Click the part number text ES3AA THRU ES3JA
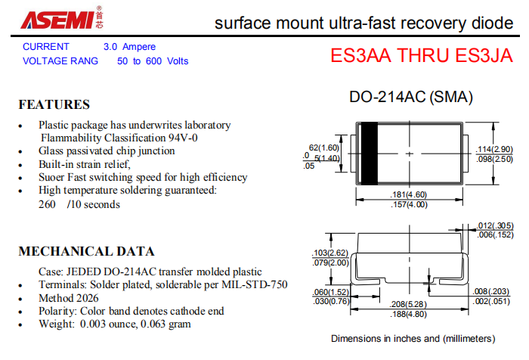(x=422, y=55)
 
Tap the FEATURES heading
(x=54, y=104)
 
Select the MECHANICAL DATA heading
(x=86, y=252)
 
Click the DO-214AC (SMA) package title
(x=411, y=97)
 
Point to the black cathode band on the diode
(x=369, y=154)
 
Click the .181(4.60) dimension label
(x=409, y=195)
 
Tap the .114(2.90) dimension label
(x=494, y=149)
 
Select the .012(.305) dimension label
(x=495, y=225)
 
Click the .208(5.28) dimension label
(x=409, y=304)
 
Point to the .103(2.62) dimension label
(x=330, y=253)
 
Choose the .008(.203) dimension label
(x=491, y=291)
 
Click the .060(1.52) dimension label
(x=331, y=292)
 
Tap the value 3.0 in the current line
(x=110, y=47)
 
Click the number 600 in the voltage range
(x=153, y=61)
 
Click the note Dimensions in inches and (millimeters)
(x=413, y=339)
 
